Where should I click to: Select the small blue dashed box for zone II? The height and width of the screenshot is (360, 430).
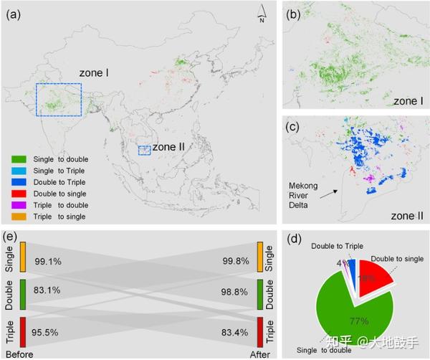144,150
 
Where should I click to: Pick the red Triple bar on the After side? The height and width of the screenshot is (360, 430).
261,330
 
